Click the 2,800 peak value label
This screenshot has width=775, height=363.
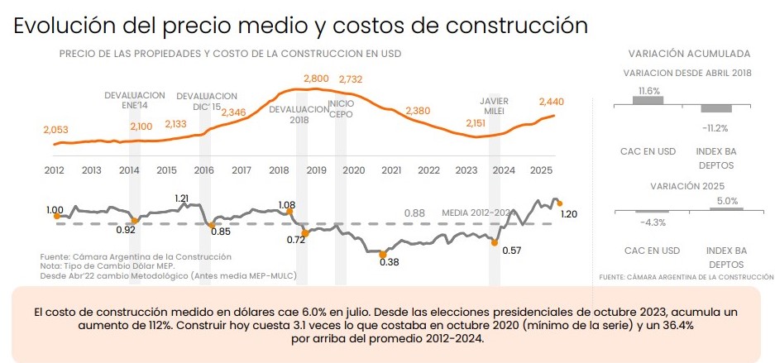click(316, 79)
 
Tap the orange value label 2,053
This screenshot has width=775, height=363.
click(56, 131)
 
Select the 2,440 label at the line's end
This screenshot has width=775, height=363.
click(551, 103)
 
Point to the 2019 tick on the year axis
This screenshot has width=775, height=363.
click(316, 171)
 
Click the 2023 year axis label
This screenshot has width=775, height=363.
click(466, 171)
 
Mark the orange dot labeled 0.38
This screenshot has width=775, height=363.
click(382, 255)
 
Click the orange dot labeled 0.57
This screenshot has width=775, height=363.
click(494, 242)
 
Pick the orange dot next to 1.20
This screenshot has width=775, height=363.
click(559, 203)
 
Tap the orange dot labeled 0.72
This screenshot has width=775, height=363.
click(305, 233)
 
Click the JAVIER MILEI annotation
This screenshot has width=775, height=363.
click(495, 106)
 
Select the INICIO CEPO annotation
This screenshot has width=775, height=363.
click(341, 109)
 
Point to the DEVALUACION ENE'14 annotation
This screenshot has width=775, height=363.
click(135, 100)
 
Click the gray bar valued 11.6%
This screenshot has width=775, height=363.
click(648, 100)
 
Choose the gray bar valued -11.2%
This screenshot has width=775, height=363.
click(716, 108)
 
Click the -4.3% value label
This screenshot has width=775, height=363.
click(653, 222)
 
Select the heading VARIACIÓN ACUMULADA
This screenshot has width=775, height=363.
click(689, 54)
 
